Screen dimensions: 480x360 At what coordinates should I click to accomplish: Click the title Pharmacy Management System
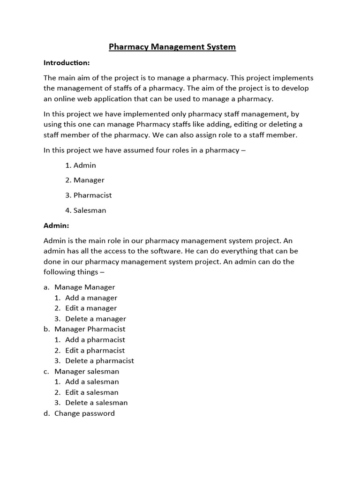click(x=172, y=47)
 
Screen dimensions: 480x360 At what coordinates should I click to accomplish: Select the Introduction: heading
click(x=67, y=62)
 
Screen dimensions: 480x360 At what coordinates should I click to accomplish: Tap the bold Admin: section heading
click(x=56, y=225)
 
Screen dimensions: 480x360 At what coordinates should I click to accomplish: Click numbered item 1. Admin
click(x=81, y=165)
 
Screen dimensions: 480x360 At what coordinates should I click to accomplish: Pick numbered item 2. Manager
click(x=85, y=180)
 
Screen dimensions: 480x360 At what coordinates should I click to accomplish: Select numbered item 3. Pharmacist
click(x=89, y=195)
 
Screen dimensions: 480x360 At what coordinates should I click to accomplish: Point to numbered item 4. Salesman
click(x=86, y=210)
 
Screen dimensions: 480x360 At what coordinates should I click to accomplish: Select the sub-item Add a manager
click(x=91, y=298)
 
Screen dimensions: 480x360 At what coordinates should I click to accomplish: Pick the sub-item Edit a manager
click(x=91, y=308)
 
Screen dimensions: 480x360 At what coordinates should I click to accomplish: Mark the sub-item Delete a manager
click(x=96, y=319)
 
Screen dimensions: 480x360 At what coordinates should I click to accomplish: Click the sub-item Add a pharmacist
click(x=95, y=340)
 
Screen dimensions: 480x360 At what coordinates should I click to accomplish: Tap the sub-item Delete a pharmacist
click(x=99, y=360)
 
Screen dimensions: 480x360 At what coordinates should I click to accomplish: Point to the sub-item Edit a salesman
click(x=92, y=392)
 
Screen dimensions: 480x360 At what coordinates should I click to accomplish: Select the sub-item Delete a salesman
click(x=96, y=403)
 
